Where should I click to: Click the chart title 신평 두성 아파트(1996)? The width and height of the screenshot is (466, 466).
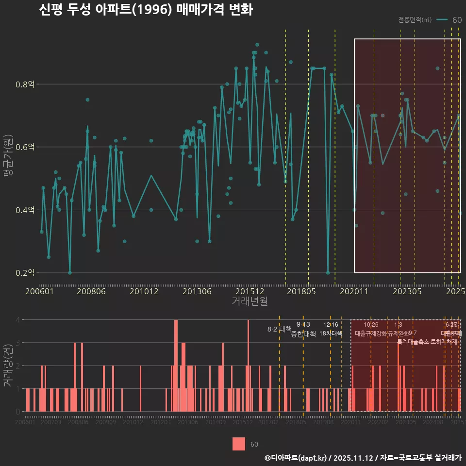(x=146, y=10)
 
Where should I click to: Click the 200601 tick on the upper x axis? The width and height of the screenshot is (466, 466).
(x=39, y=291)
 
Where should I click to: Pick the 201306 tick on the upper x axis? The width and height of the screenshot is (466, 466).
(x=197, y=291)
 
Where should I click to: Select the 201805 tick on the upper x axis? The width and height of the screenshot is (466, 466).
(x=301, y=291)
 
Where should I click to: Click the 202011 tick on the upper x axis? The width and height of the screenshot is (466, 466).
(x=354, y=291)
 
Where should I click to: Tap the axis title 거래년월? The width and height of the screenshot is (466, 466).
(x=250, y=301)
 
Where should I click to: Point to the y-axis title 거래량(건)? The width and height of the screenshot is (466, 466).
(x=8, y=366)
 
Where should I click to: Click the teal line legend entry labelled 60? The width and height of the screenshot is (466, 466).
(x=449, y=20)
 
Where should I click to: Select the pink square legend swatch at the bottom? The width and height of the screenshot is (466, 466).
(x=238, y=444)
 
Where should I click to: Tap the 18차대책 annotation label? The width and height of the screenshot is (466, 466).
(x=331, y=333)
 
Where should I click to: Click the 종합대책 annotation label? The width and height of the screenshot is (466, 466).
(x=303, y=333)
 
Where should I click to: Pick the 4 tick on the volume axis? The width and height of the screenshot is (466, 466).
(x=18, y=320)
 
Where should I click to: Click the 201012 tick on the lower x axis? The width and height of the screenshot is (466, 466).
(x=133, y=423)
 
